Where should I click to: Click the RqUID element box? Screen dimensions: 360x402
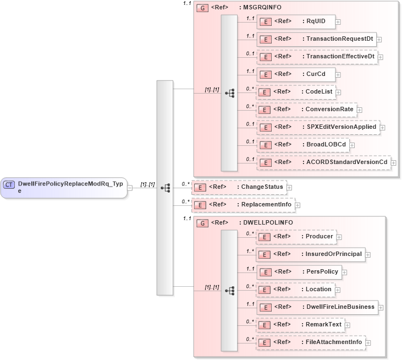click(x=296, y=21)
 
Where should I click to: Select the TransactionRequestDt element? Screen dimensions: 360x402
click(x=316, y=39)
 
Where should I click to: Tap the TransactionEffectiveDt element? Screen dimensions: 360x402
click(x=316, y=57)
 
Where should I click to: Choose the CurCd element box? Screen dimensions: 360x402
click(x=296, y=74)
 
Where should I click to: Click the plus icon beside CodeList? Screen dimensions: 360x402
click(x=338, y=92)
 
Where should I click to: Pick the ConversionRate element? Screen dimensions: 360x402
click(x=306, y=110)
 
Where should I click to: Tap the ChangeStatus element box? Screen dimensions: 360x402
click(x=238, y=187)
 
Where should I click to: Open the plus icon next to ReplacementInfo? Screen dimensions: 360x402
click(x=298, y=205)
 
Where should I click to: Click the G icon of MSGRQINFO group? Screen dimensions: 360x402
click(x=202, y=9)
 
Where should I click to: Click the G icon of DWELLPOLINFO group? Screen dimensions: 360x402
click(x=202, y=223)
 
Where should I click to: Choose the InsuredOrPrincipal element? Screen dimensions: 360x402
click(x=310, y=254)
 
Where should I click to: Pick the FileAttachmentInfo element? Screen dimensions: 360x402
click(x=311, y=342)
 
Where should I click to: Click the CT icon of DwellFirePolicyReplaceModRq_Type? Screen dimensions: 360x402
click(x=9, y=184)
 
